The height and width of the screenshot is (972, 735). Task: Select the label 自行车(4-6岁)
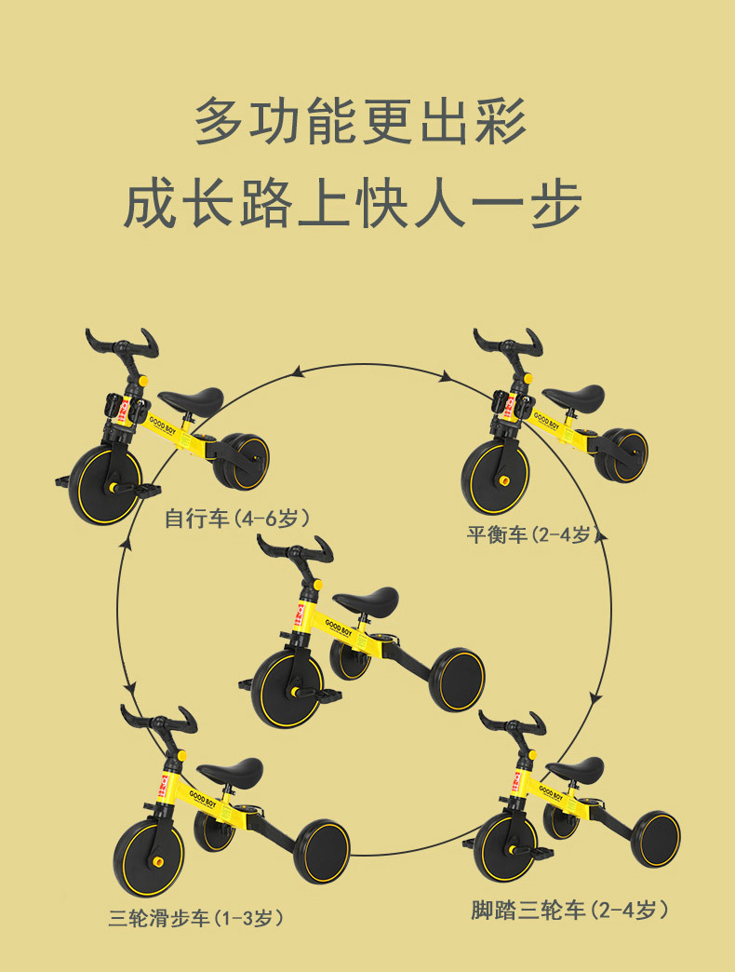tap(236, 518)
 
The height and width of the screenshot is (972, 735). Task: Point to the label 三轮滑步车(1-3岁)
tap(195, 918)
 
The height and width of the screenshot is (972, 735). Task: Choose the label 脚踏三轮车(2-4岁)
tap(569, 910)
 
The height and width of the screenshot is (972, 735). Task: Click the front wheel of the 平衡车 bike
tap(496, 478)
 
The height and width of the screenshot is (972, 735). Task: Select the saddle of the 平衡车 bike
tap(573, 396)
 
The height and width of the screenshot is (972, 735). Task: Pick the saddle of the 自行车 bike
tap(191, 400)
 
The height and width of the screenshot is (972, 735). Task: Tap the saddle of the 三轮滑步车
tap(231, 771)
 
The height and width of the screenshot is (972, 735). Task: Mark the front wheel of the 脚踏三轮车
tap(505, 847)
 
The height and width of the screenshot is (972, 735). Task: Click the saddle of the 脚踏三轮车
tap(574, 769)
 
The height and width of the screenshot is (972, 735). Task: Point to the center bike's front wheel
tap(287, 689)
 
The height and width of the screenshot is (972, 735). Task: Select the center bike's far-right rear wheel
tap(457, 680)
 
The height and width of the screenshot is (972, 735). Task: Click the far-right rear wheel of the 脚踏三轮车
tap(656, 839)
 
